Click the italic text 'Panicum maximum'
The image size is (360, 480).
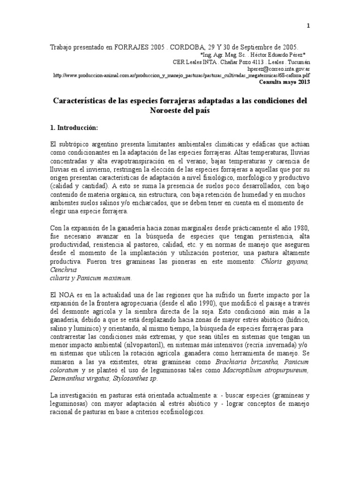pyautogui.click(x=104, y=278)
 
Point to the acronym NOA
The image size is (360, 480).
pyautogui.click(x=64, y=295)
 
